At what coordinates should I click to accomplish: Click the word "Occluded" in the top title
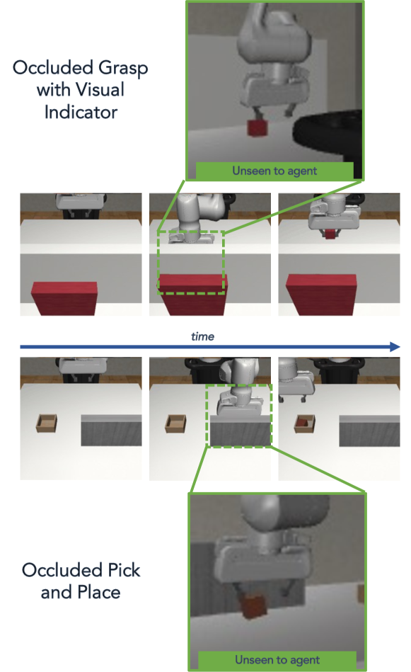[52, 68]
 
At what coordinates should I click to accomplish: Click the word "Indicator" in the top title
[81, 113]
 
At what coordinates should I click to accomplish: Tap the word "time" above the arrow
[202, 336]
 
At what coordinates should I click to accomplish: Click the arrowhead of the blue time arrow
[395, 347]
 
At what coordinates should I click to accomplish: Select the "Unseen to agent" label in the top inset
[274, 171]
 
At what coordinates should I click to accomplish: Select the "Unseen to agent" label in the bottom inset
[277, 659]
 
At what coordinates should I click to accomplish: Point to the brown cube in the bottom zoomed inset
[253, 606]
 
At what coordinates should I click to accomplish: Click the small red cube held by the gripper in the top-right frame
[330, 234]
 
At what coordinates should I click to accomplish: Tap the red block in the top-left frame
[65, 298]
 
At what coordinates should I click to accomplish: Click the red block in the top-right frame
[322, 295]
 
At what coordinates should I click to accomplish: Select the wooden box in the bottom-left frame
[47, 423]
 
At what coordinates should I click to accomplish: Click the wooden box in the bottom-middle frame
[175, 423]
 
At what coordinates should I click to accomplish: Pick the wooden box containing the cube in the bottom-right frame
[305, 423]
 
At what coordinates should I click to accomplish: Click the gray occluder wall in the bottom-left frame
[111, 431]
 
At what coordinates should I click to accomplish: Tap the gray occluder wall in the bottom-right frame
[369, 431]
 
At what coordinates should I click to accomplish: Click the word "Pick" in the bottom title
[124, 570]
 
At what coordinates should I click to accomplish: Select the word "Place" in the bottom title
[99, 592]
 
